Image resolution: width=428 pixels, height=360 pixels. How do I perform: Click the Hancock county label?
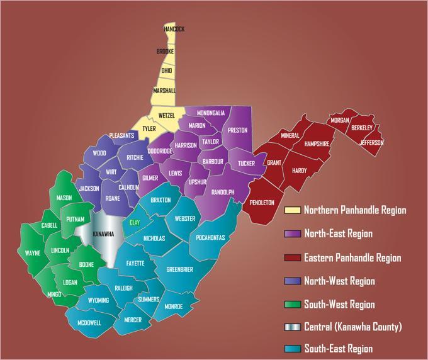point(174,29)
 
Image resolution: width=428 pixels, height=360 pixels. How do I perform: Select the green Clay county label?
point(134,223)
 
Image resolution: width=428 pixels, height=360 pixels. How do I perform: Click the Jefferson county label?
point(371,142)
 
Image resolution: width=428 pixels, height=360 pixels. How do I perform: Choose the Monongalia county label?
point(211,113)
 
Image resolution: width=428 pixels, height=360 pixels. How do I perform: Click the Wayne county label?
point(33,253)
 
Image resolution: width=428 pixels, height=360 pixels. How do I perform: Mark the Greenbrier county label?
point(179,269)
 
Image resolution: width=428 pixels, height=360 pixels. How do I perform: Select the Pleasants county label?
point(121,135)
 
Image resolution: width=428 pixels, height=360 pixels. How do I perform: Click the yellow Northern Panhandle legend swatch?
point(291,210)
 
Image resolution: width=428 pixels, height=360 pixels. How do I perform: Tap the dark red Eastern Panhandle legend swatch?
point(291,257)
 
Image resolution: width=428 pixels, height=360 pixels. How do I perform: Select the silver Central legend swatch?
point(291,327)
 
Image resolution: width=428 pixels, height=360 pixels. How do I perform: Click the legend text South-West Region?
point(339,305)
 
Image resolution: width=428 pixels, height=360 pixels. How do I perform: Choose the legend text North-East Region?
point(339,234)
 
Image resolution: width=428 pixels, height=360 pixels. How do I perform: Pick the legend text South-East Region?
point(339,349)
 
